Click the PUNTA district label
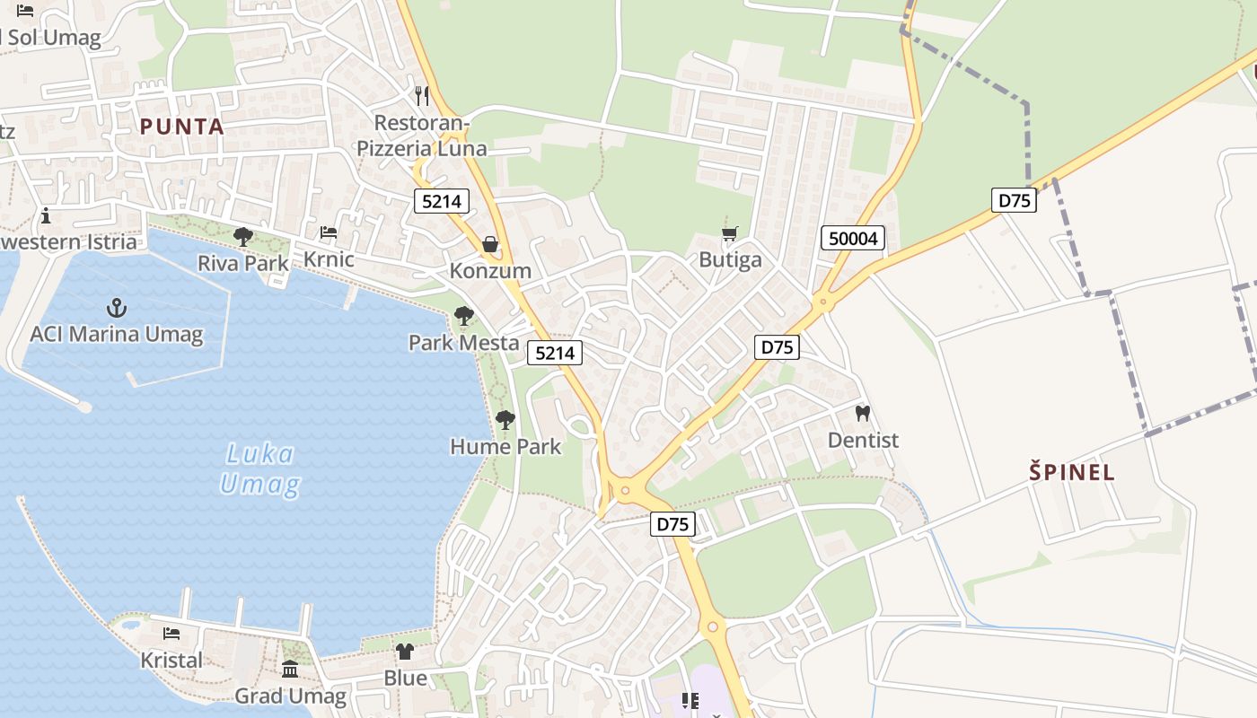[181, 127]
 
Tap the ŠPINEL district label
[1071, 472]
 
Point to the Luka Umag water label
[259, 468]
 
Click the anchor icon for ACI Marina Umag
[117, 308]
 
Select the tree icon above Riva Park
[242, 237]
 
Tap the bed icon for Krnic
[329, 232]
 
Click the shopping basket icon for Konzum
[490, 244]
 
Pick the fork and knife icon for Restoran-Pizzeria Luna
[422, 95]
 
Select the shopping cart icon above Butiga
[729, 234]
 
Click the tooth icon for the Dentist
[863, 414]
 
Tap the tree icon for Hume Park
[505, 419]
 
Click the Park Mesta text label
[463, 343]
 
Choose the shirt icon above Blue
[405, 652]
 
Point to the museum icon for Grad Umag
[290, 670]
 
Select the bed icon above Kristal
[171, 634]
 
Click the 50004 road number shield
[853, 238]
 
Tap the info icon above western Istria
[46, 216]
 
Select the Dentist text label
[863, 441]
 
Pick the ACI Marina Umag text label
[117, 335]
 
